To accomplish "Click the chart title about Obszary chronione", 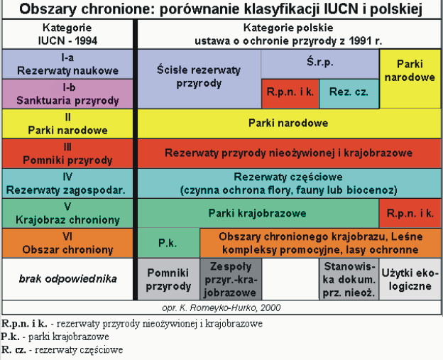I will click(221, 10).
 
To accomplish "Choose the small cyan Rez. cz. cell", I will click(349, 92).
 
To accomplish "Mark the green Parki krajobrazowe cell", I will click(258, 213).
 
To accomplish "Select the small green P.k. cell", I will click(168, 243).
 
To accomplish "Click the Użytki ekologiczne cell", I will click(410, 279).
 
